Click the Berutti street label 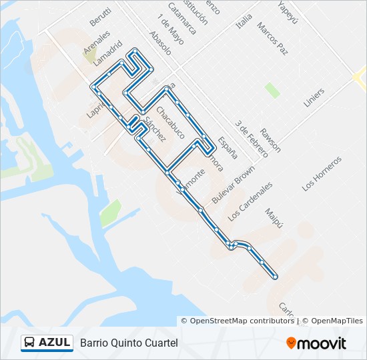point(100,15)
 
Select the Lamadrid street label point(109,54)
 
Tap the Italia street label point(244,21)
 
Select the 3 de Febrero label point(251,139)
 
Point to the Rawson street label point(270,139)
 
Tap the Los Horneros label point(322,173)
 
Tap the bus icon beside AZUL point(29,343)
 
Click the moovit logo point(316,343)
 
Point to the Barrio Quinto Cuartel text point(129,343)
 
